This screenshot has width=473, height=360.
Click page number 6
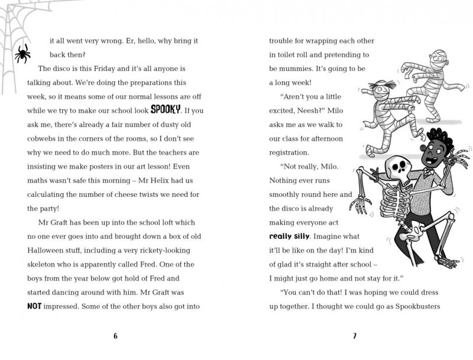115,336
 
